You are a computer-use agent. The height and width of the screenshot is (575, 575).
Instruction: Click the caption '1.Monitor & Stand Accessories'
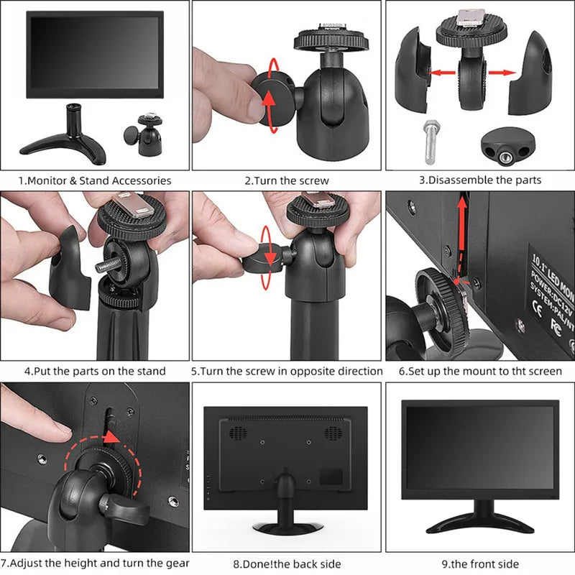tap(95, 180)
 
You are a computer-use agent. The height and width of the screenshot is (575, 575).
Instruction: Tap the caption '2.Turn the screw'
tap(287, 180)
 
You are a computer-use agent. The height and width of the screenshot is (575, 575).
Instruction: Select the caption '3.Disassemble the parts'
tap(480, 180)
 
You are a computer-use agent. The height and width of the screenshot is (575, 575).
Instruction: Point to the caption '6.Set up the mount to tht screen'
tap(480, 371)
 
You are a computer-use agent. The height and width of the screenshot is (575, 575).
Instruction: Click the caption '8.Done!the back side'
tap(287, 563)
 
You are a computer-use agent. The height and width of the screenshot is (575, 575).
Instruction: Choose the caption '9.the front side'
tap(480, 563)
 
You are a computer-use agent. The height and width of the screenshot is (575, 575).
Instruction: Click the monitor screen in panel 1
tap(95, 54)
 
